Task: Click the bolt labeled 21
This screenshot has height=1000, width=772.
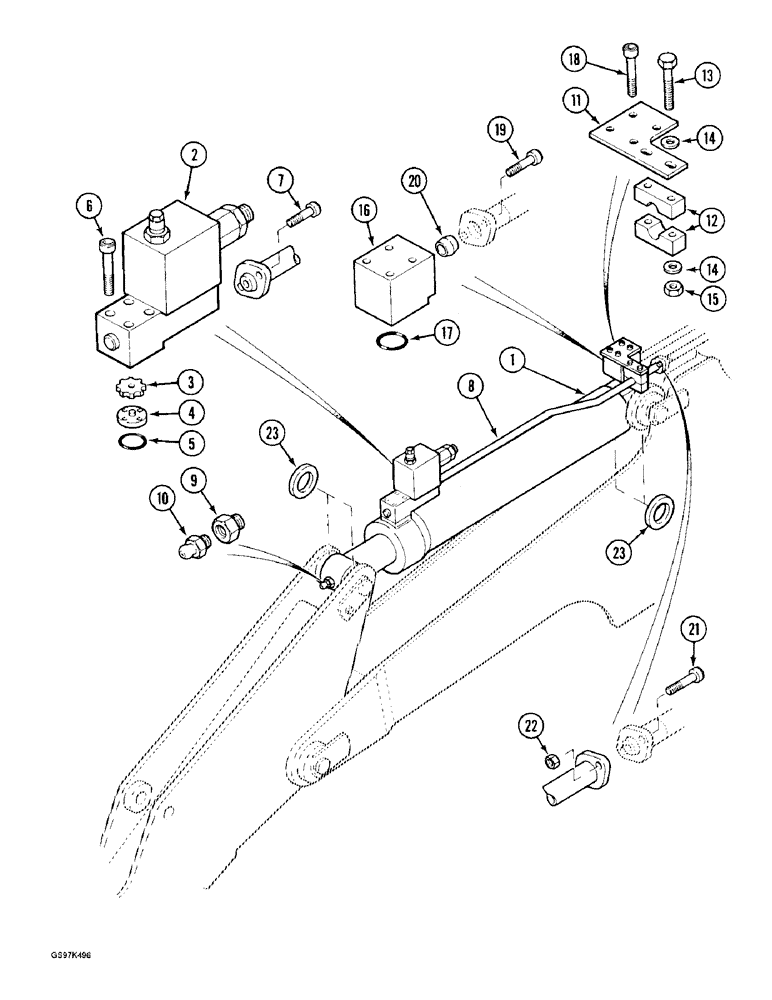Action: click(x=682, y=683)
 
